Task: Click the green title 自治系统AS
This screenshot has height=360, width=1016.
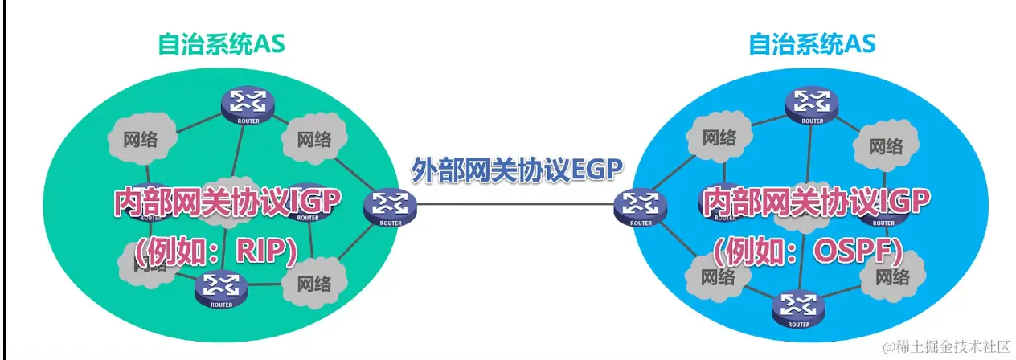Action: coord(220,43)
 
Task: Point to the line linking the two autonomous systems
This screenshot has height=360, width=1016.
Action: coord(514,202)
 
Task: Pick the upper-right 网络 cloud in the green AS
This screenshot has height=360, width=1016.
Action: coord(313,139)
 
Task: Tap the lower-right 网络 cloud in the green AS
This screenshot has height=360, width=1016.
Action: coord(313,282)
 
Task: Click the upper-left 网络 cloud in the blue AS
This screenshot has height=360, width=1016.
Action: coord(719,137)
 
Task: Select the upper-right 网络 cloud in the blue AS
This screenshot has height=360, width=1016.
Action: coord(885,146)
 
